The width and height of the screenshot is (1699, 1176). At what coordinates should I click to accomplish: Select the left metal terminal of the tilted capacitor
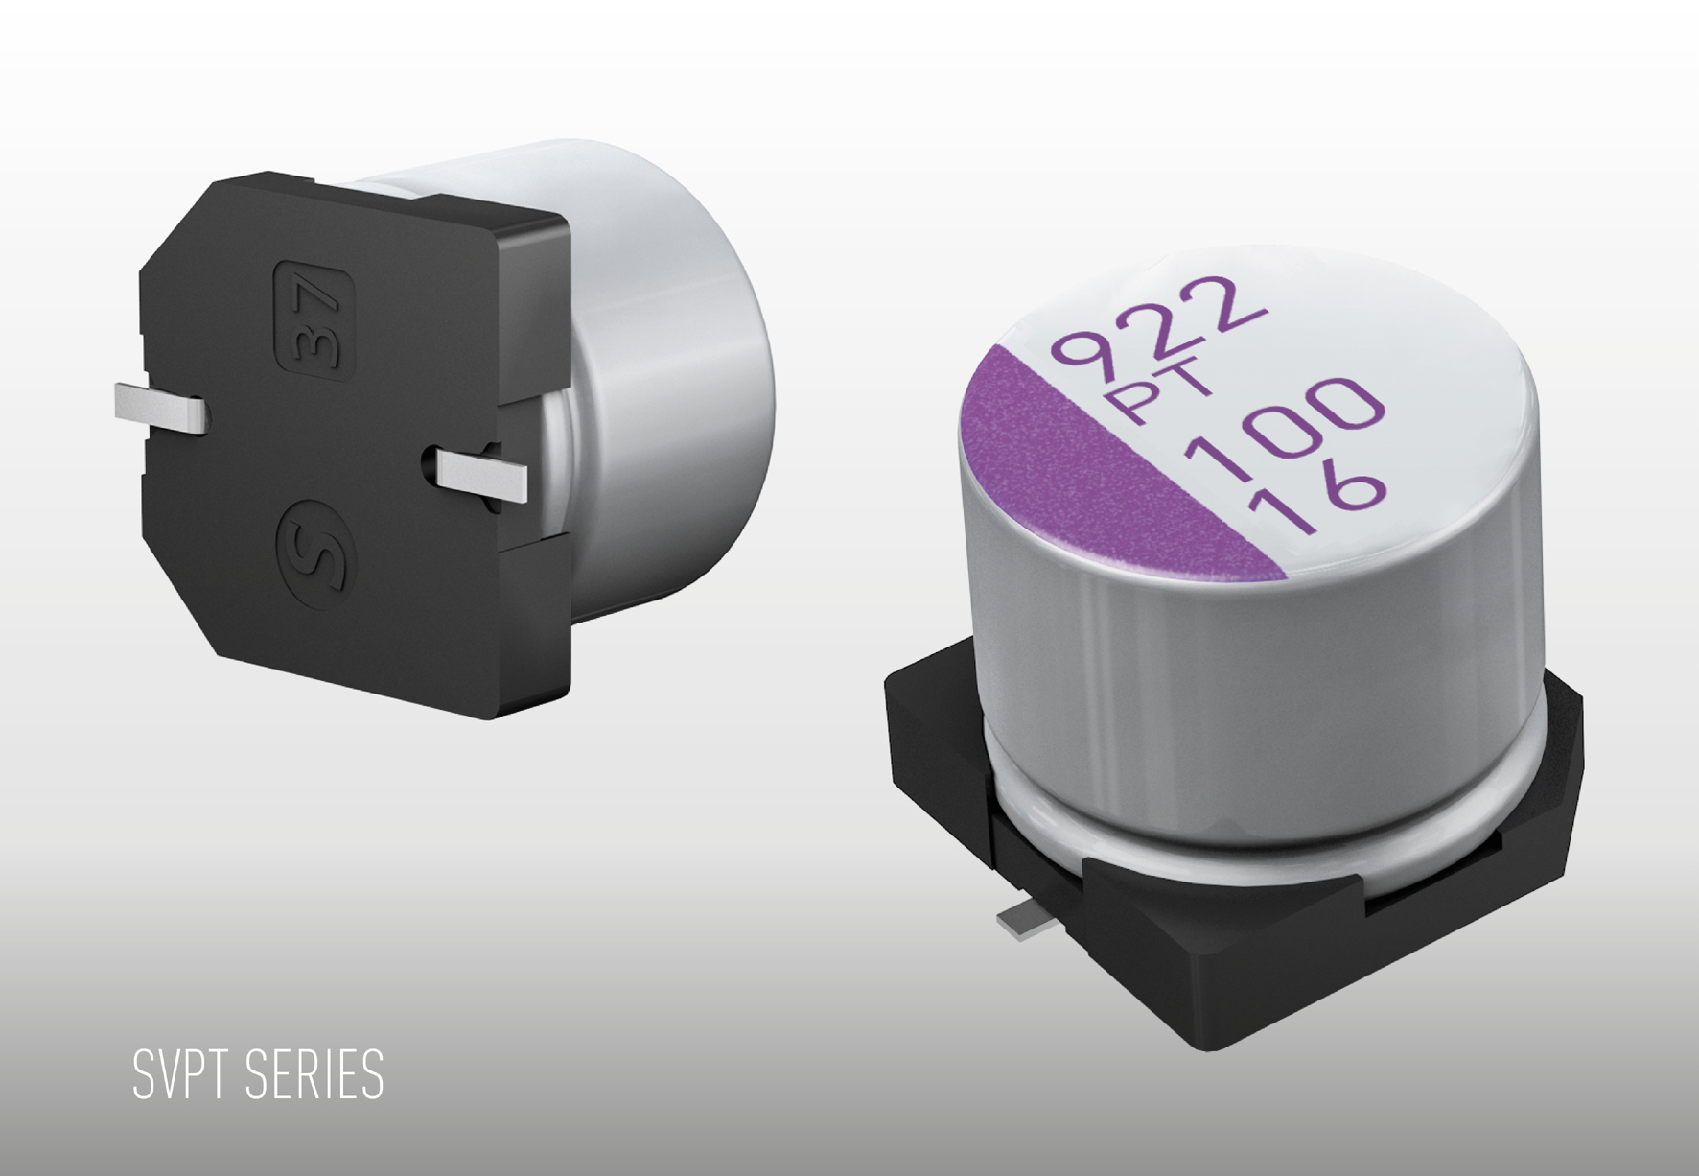point(159,408)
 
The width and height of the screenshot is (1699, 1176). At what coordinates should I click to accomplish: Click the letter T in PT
point(1190,385)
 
